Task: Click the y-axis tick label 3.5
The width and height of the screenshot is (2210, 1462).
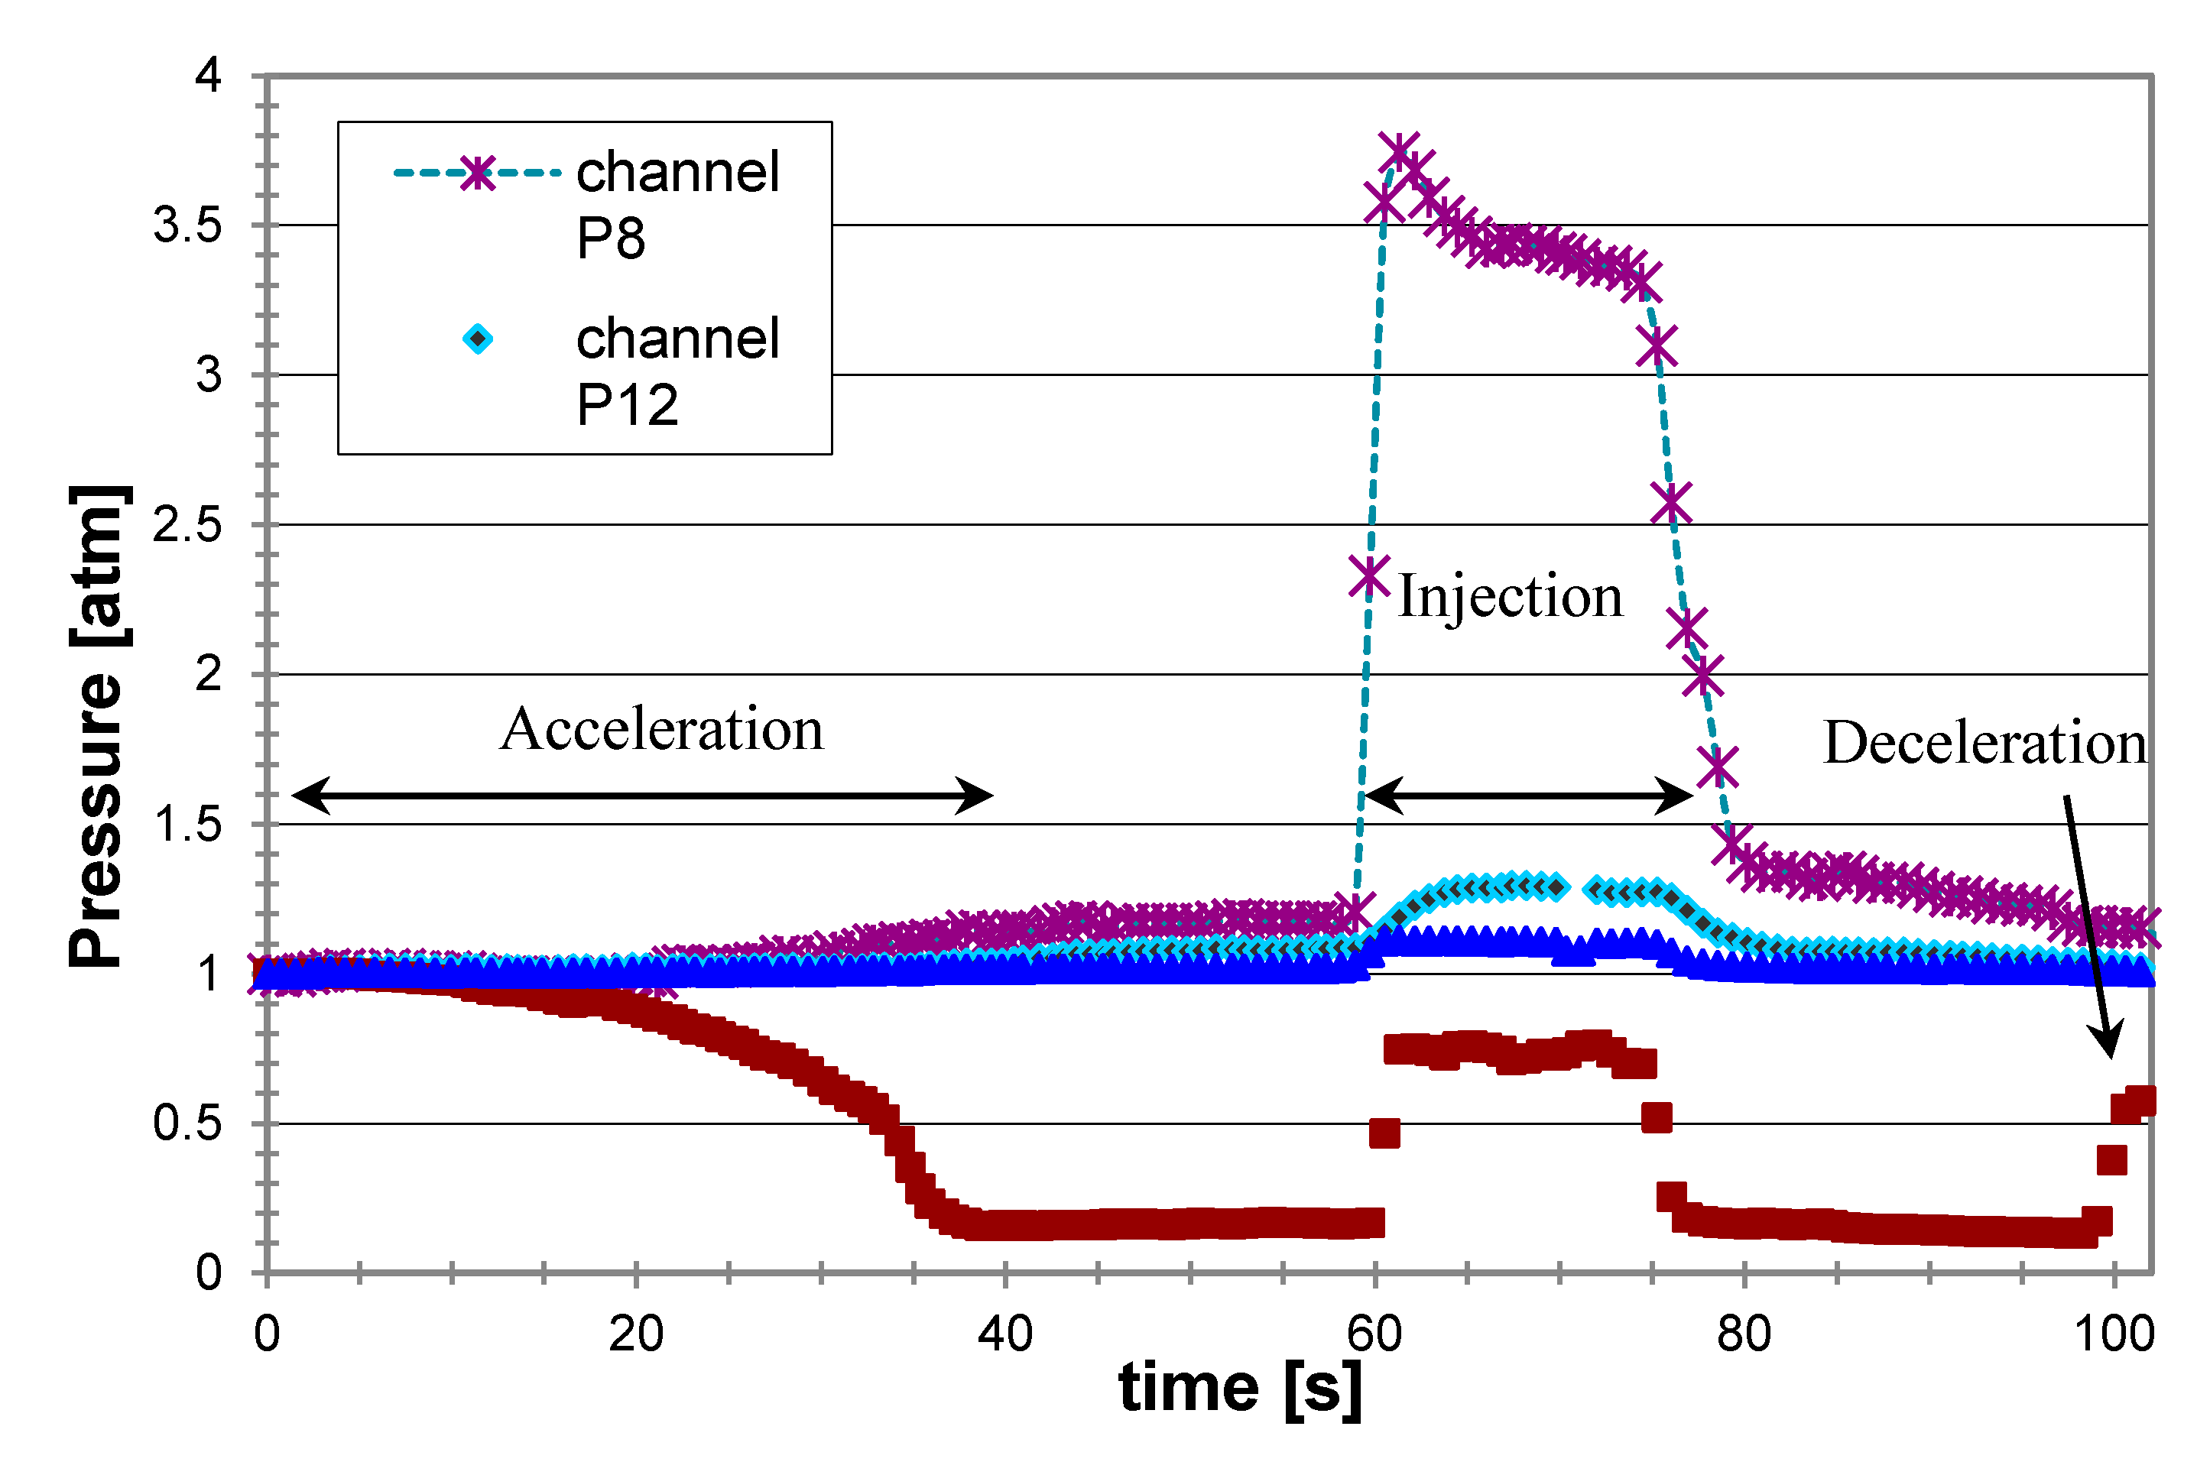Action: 187,225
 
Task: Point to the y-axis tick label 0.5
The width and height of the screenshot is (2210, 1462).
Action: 187,1123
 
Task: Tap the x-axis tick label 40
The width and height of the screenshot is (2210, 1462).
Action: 1004,1334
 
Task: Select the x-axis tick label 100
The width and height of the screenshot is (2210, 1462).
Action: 2113,1334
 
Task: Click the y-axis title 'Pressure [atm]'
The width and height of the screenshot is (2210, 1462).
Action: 97,728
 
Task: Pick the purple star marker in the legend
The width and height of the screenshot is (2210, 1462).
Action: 478,173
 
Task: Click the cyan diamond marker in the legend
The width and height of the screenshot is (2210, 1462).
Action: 478,339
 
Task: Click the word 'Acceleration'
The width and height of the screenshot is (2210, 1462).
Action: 661,728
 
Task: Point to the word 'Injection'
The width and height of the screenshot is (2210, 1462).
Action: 1510,596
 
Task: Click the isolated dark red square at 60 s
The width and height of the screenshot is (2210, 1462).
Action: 1384,1134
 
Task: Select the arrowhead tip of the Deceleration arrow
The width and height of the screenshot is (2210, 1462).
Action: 2110,1056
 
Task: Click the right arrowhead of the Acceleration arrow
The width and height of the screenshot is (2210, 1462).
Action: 987,796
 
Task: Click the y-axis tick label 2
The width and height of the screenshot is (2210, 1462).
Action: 208,674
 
